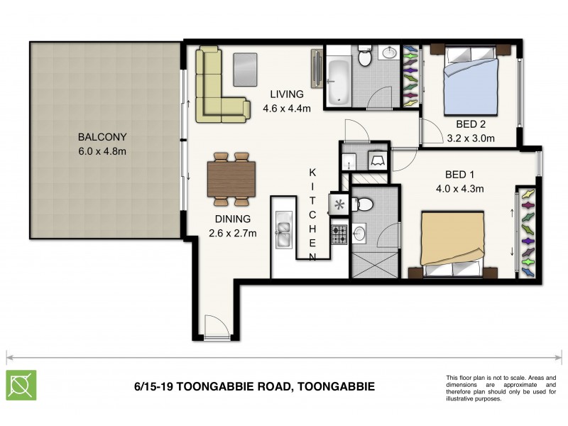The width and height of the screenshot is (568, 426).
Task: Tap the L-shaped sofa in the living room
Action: pyautogui.click(x=217, y=85)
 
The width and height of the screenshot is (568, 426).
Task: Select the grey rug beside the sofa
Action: pyautogui.click(x=245, y=69)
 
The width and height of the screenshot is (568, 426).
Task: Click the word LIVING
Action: pyautogui.click(x=286, y=94)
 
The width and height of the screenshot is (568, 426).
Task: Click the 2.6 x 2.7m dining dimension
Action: pyautogui.click(x=231, y=232)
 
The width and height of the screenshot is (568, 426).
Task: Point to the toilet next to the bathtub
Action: pyautogui.click(x=365, y=57)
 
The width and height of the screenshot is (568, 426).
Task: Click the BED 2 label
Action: pyautogui.click(x=471, y=124)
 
